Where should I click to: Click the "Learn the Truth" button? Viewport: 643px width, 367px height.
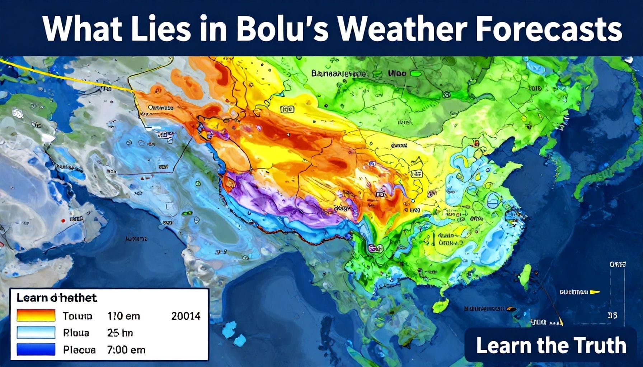(x=551, y=345)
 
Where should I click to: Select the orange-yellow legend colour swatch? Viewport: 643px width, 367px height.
(x=36, y=316)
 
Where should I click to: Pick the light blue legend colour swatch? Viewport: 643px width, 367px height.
(x=36, y=333)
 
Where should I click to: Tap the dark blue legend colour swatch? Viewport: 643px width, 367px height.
(x=36, y=349)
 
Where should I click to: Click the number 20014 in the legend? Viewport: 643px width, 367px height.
(x=186, y=316)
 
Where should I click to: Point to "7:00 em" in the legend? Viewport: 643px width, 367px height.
(x=126, y=349)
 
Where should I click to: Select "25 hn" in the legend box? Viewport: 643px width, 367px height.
(x=120, y=333)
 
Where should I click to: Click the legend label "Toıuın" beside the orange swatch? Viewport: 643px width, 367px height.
(x=77, y=316)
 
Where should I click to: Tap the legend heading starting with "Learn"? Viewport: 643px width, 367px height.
(x=57, y=298)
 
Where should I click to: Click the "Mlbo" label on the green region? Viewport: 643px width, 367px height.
(x=397, y=73)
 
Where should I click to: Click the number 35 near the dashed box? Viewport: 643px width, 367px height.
(x=613, y=316)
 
